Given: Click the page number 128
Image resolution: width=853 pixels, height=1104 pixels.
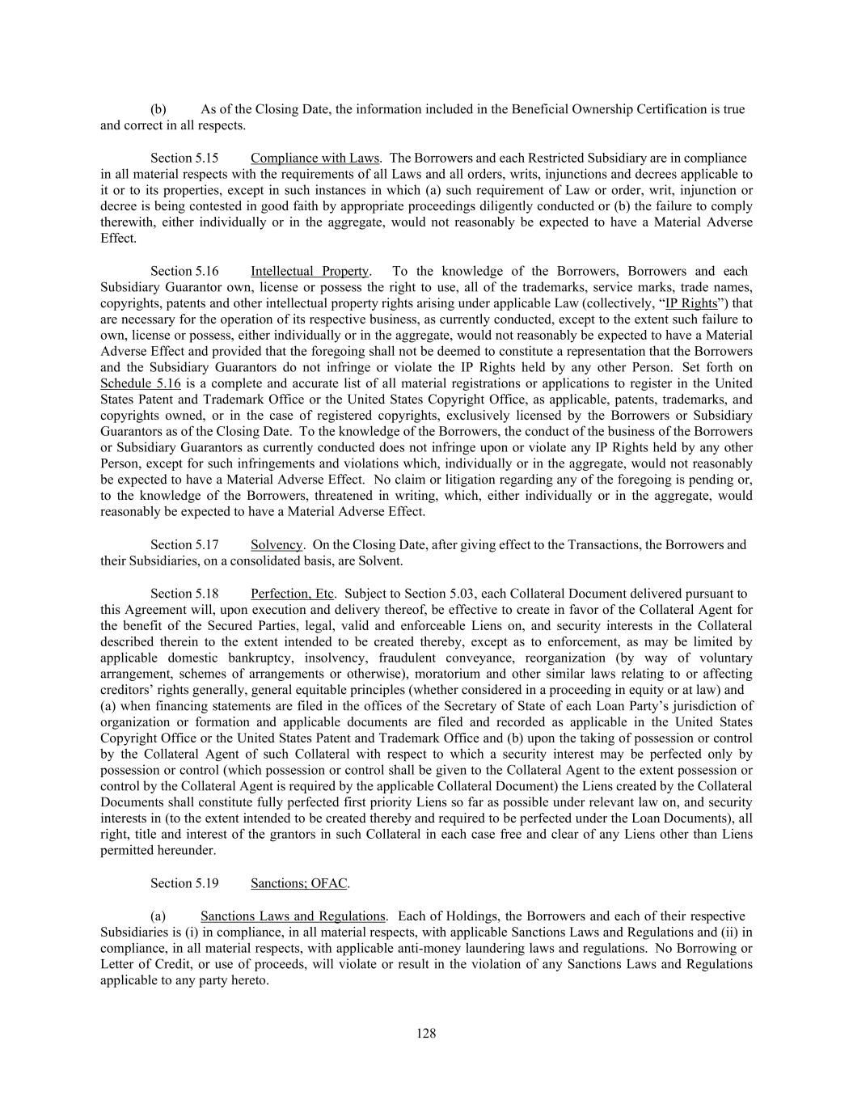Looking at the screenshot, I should [426, 1033].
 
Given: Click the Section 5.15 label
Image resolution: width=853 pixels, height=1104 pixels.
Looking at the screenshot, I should [184, 158].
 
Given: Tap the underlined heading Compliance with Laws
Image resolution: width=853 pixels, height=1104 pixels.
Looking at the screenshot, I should [315, 158].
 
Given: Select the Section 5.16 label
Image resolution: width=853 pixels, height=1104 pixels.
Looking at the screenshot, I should [184, 271].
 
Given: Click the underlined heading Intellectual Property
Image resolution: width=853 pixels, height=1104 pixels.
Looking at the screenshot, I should [310, 271].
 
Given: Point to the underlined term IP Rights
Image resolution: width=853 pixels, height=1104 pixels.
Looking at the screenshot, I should [690, 303].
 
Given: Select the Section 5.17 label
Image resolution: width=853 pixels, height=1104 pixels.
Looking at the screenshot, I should [184, 544].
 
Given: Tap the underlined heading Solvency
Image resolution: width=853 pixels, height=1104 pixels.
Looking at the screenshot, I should [277, 544].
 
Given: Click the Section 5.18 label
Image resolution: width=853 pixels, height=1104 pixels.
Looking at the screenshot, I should [184, 594].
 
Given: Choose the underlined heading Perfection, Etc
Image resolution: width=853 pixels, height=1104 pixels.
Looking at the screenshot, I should [292, 594].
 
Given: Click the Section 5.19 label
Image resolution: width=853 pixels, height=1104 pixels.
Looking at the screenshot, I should [184, 883].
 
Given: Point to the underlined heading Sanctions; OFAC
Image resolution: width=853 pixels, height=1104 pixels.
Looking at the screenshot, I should [299, 883].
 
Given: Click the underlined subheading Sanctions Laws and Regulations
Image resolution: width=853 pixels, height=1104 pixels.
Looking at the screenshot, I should [293, 916].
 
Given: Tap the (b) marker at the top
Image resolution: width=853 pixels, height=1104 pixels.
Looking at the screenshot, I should [158, 109].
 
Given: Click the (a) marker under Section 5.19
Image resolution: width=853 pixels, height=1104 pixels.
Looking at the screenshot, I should [158, 916].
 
